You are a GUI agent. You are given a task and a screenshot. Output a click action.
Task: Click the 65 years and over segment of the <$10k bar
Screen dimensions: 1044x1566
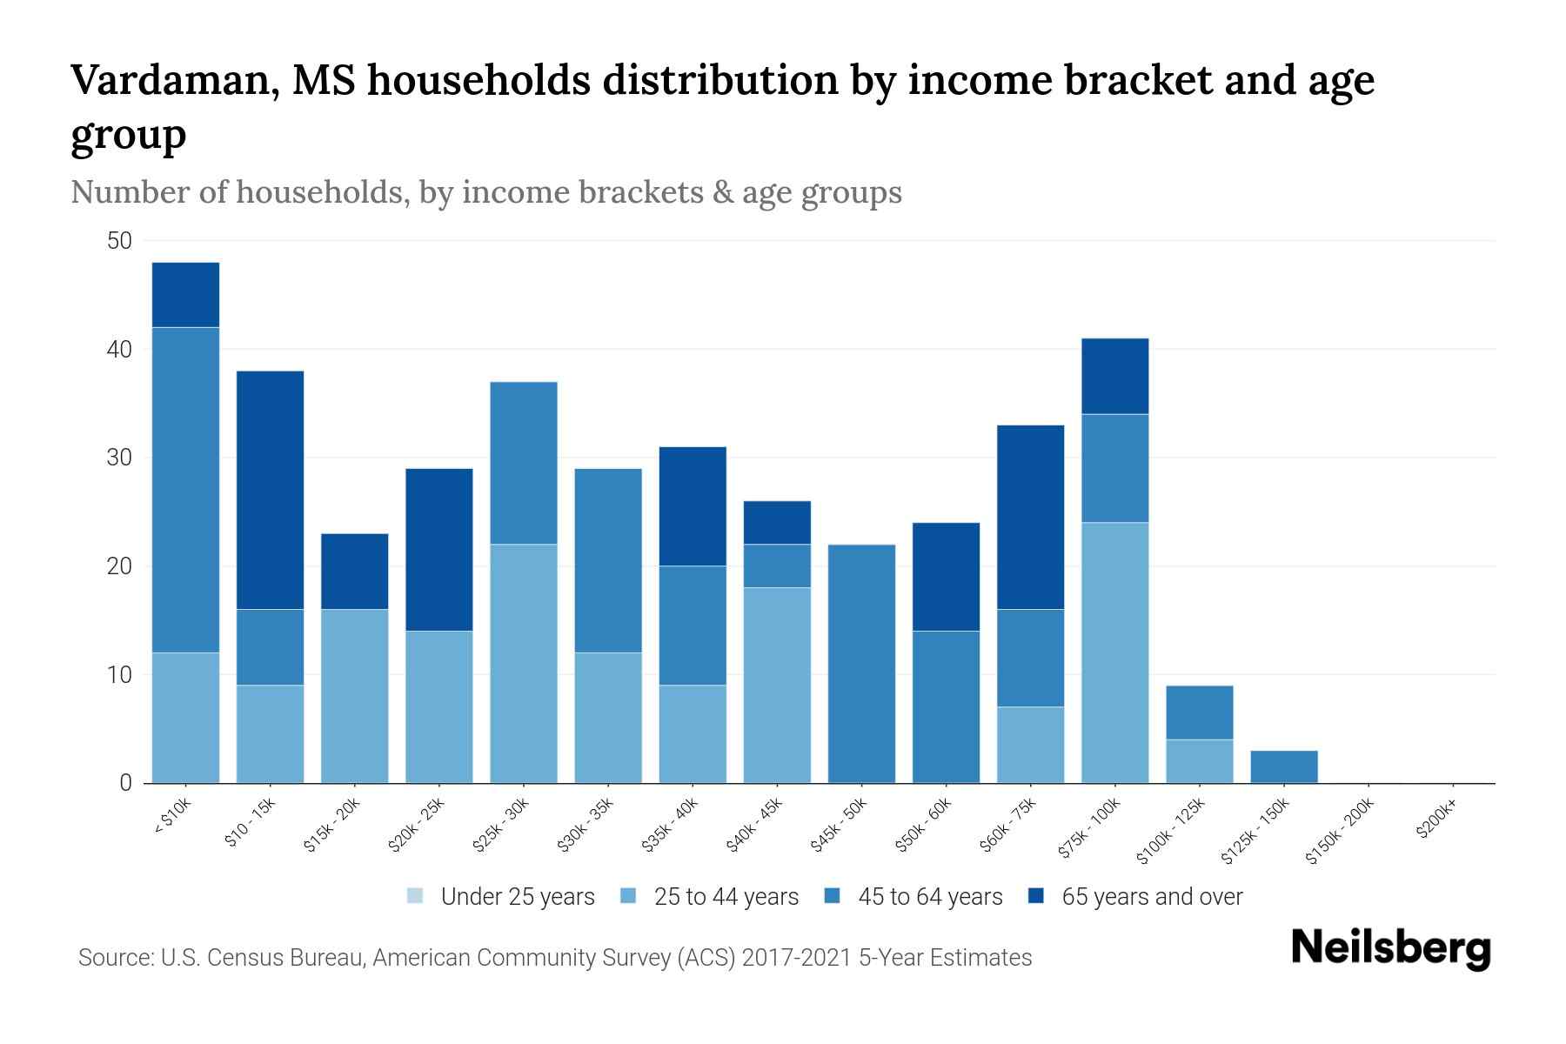click(x=185, y=295)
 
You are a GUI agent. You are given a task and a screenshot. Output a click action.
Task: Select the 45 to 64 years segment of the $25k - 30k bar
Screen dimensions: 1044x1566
click(x=524, y=463)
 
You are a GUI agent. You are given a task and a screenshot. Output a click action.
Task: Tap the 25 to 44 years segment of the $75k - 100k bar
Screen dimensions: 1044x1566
click(x=1114, y=652)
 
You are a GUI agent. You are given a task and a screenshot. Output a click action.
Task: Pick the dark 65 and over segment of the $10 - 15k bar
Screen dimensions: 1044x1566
click(x=270, y=490)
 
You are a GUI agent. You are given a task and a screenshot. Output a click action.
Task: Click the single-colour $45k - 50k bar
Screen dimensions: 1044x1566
click(x=861, y=664)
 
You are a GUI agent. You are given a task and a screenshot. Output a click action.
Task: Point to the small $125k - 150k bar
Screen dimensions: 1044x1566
click(x=1283, y=766)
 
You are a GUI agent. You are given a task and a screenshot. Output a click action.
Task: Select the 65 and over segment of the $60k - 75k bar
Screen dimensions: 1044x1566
click(x=1030, y=517)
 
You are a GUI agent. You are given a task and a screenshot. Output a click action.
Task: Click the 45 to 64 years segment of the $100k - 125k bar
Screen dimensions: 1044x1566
click(x=1199, y=713)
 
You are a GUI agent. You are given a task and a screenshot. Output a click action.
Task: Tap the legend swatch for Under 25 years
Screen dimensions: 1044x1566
click(x=416, y=896)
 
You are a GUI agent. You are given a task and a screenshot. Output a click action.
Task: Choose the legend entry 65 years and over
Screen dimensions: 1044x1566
click(x=1152, y=897)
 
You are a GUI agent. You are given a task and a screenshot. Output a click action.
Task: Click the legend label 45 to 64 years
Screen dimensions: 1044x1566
click(x=930, y=897)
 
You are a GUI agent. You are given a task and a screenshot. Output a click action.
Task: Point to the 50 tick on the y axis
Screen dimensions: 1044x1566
click(x=119, y=241)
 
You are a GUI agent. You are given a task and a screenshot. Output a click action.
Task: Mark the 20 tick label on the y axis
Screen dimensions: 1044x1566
click(x=119, y=566)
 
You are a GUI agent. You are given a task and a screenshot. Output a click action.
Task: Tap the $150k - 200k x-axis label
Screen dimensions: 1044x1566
click(x=1340, y=832)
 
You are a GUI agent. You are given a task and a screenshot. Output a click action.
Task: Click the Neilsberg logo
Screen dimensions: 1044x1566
click(x=1390, y=948)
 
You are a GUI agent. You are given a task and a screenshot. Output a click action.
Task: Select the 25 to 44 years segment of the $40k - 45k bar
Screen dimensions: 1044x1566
click(x=777, y=686)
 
